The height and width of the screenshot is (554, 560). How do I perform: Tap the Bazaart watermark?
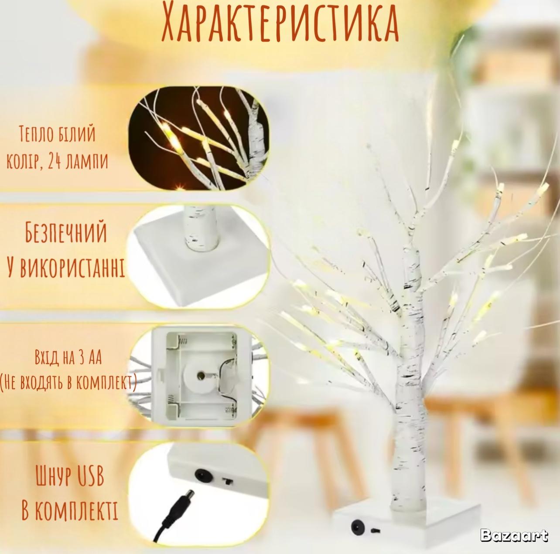click(x=514, y=535)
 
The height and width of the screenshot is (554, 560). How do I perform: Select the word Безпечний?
click(x=66, y=233)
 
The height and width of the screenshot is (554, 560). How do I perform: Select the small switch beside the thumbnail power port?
click(x=227, y=481)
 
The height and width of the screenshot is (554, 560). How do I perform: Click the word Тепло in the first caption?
click(x=37, y=134)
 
